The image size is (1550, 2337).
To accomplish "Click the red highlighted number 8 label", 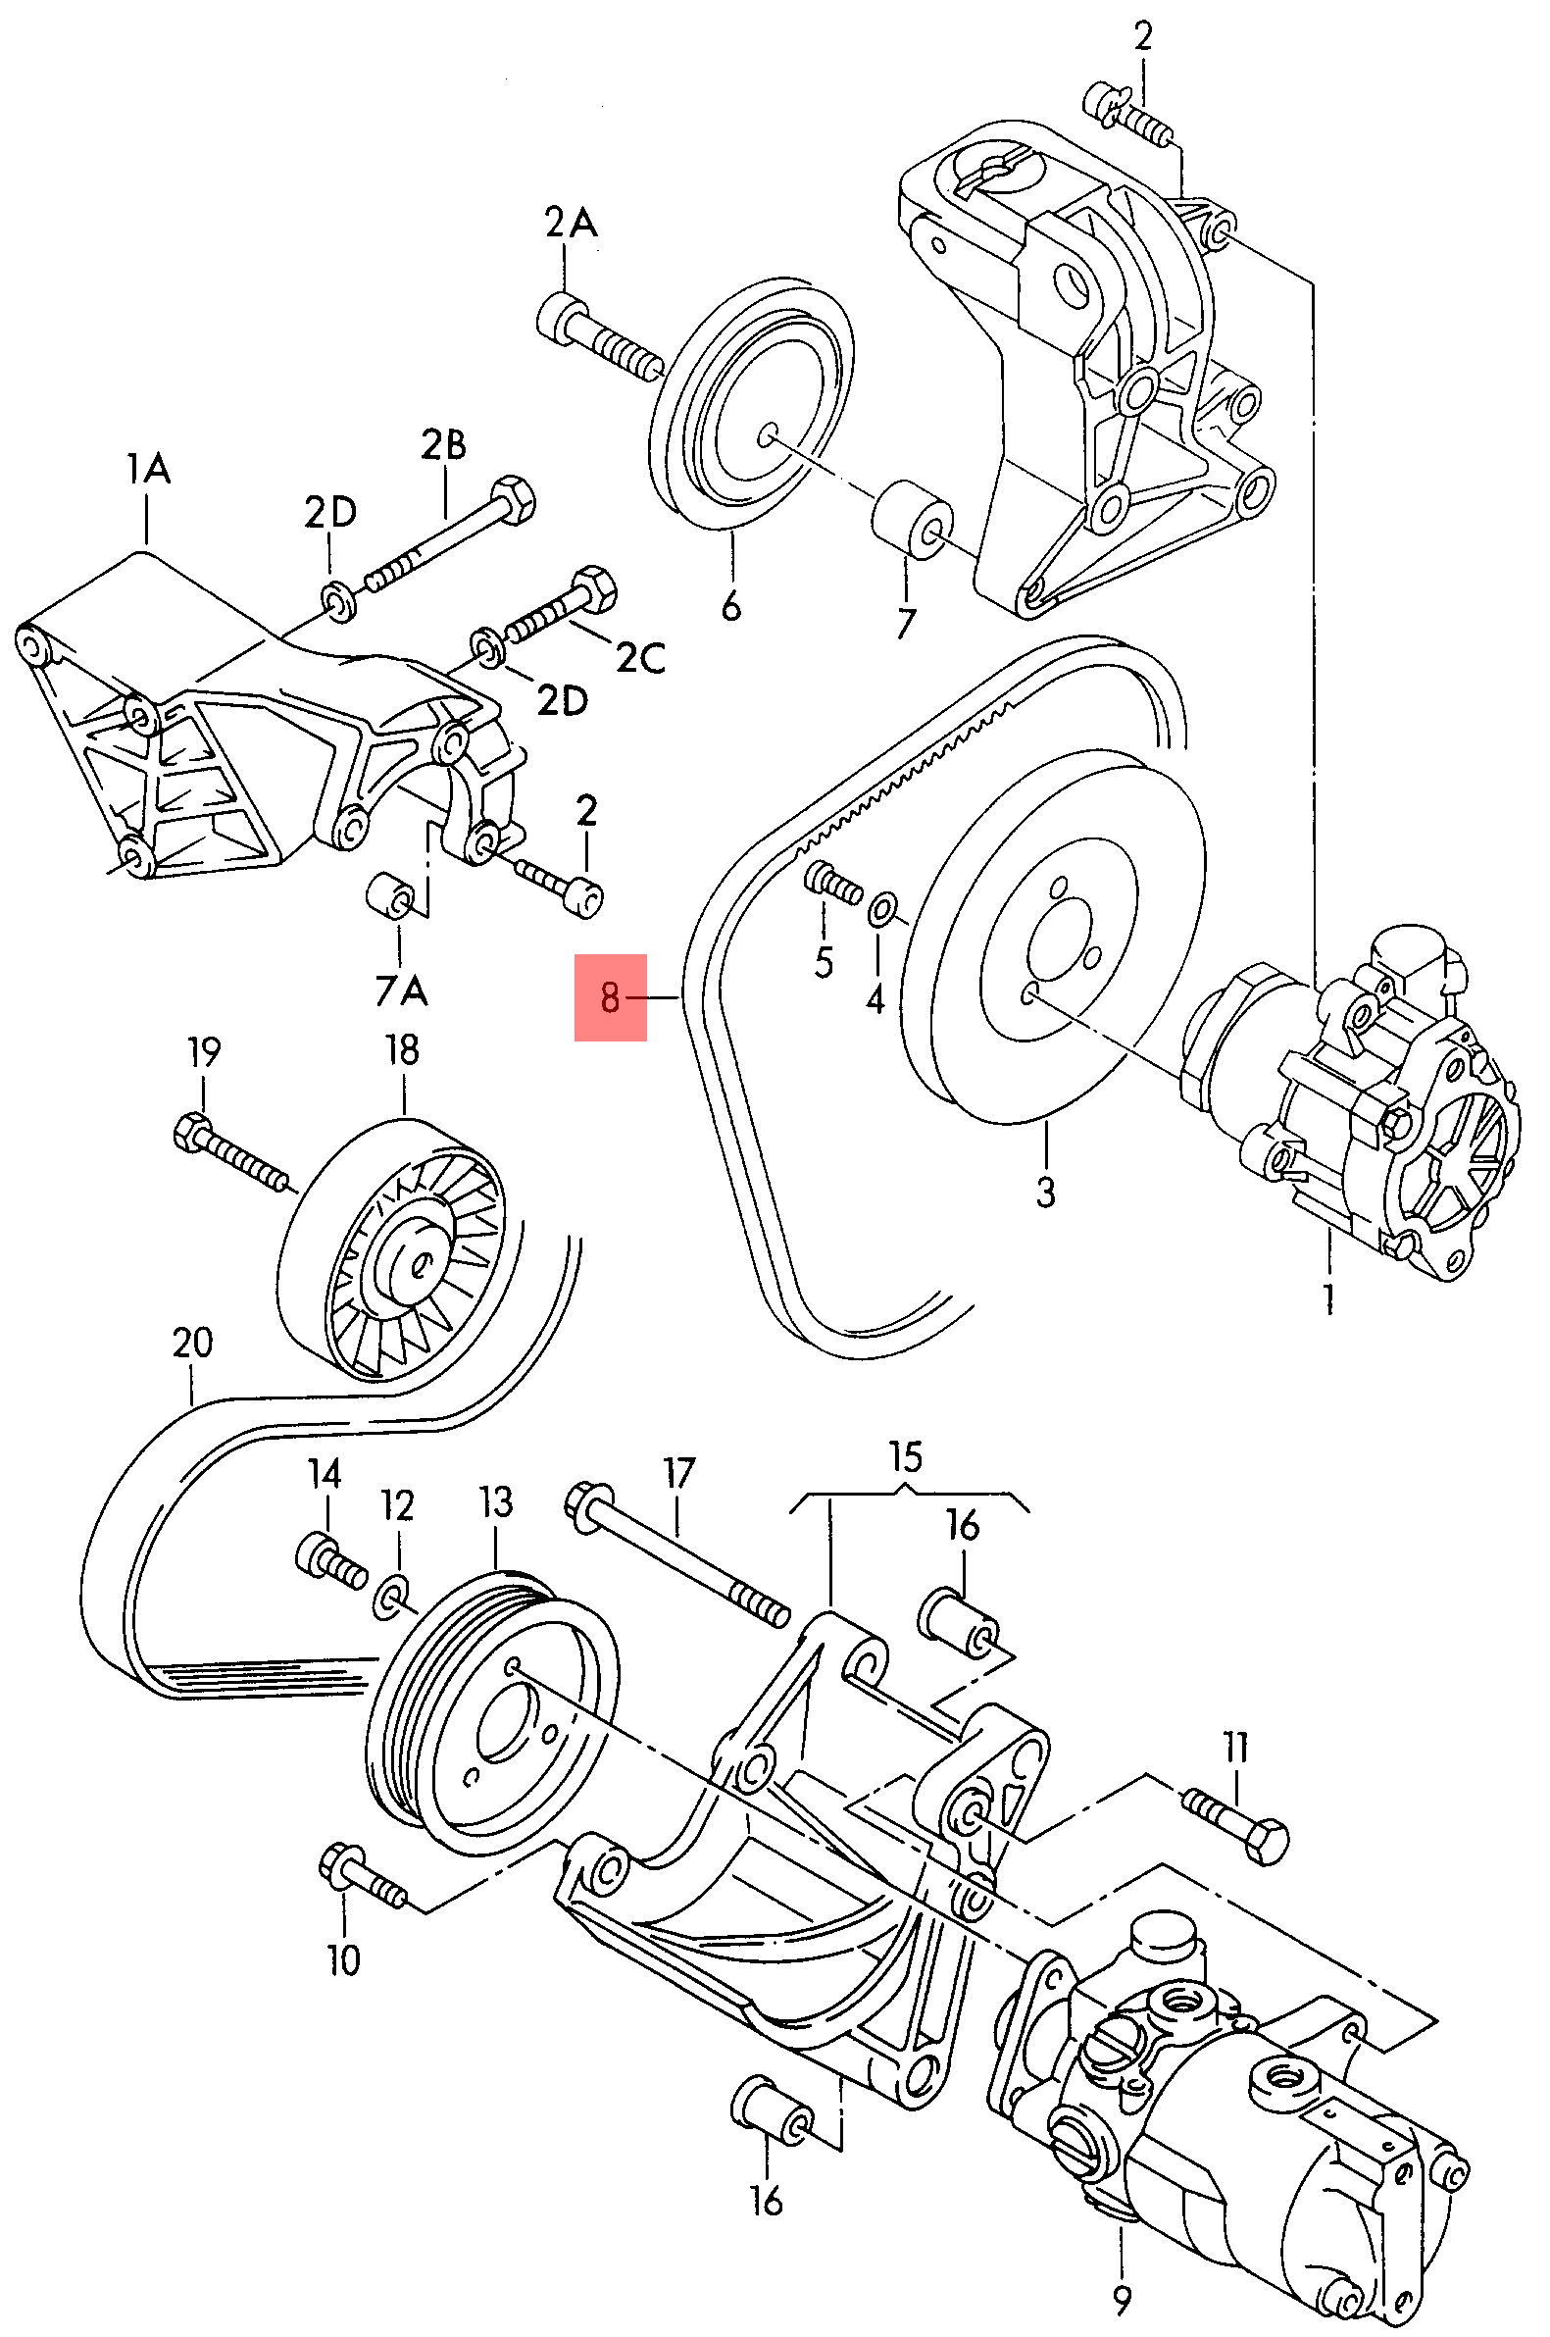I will click(x=610, y=996).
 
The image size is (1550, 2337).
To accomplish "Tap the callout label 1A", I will click(x=148, y=468).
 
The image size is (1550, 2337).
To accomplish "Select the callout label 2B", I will click(x=443, y=445).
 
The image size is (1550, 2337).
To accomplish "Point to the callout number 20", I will click(x=192, y=1343).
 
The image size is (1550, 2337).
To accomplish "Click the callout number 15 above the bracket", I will click(x=905, y=1457).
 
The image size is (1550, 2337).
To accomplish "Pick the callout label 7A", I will click(x=401, y=990).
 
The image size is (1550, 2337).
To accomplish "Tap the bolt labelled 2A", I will click(x=598, y=335).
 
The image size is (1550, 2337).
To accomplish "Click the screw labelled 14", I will click(x=329, y=1560).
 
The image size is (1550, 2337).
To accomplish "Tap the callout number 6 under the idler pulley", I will click(x=730, y=605).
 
